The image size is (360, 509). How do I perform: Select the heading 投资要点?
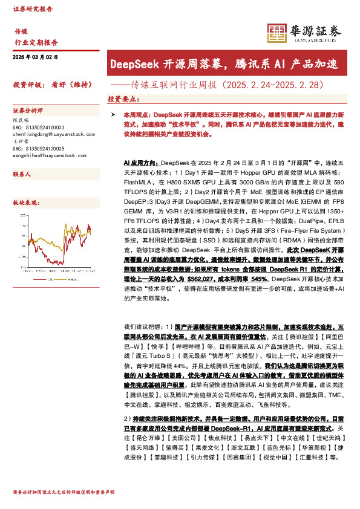[122, 98]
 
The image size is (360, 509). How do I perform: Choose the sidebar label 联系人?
[22, 173]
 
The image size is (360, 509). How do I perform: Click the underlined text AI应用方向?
[140, 163]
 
